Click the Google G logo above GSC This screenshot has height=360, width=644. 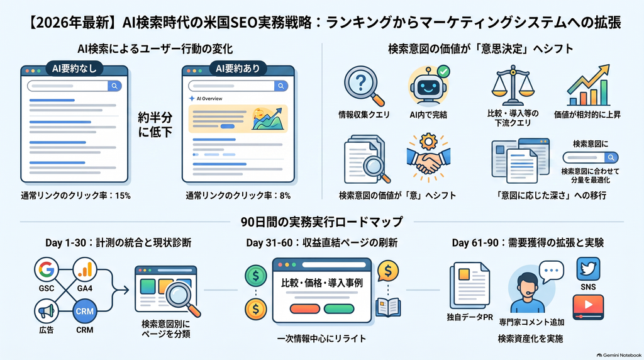(47, 269)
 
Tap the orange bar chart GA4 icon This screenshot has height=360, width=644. (85, 269)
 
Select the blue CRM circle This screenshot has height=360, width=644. (85, 311)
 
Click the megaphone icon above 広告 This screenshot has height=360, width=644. (47, 311)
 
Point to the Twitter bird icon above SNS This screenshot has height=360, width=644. (588, 269)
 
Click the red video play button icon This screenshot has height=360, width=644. (588, 307)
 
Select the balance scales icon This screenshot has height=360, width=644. (513, 86)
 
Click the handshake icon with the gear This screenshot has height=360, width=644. (428, 157)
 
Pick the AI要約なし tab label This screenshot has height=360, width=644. (74, 69)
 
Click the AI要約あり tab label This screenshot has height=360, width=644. (238, 69)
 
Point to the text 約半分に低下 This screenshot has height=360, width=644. (155, 125)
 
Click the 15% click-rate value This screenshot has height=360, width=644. (123, 196)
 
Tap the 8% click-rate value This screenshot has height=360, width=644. (285, 196)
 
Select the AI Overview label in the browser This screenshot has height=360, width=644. (209, 99)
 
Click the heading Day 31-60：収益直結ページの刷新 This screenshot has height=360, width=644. (321, 243)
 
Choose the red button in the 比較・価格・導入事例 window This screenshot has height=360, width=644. (305, 308)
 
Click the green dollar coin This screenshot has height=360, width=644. (256, 275)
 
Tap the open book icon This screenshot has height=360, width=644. (388, 307)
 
